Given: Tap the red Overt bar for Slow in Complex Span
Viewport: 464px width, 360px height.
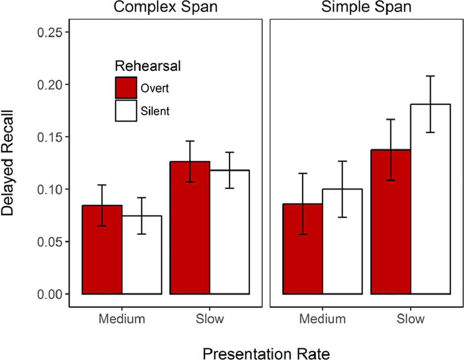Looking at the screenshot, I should (x=190, y=228).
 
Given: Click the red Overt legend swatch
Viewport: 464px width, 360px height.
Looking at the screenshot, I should (x=126, y=88).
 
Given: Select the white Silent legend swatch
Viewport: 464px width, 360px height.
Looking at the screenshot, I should (x=126, y=110).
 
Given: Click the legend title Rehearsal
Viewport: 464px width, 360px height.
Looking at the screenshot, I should (x=148, y=66).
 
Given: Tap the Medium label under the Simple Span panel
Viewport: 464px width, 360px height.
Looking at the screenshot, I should (x=322, y=319).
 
